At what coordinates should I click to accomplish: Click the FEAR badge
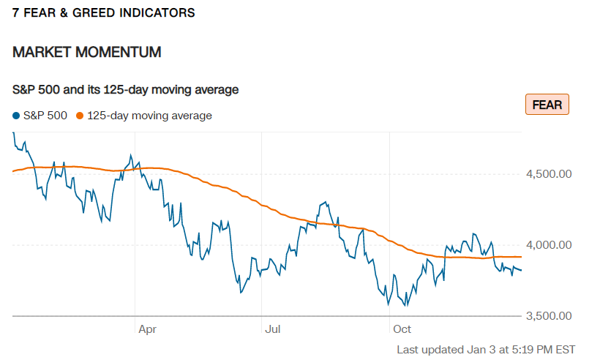coord(547,105)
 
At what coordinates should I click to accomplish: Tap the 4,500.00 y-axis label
coord(549,174)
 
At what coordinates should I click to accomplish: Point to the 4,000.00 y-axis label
coord(549,245)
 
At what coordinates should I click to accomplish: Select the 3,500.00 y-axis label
coord(549,315)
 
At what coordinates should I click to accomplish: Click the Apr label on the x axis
coord(147,329)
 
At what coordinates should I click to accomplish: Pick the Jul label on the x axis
coord(273,329)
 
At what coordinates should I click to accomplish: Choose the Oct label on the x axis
coord(402,329)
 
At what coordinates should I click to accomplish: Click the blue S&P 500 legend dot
coord(16,116)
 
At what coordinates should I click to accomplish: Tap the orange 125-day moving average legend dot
coord(80,116)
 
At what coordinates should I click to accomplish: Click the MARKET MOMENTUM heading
coord(87,52)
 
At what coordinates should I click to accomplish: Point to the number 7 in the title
coord(15,12)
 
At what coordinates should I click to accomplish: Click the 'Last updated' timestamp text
coord(486,350)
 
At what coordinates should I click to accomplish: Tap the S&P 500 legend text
coord(45,116)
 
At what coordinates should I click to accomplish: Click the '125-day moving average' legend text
coord(149,116)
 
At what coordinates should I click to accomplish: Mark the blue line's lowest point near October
coord(406,306)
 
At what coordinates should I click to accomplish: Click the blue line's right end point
coord(521,270)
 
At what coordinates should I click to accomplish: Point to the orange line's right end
coord(521,257)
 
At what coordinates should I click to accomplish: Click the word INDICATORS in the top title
coord(157,12)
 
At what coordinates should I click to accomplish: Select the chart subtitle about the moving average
coord(126,89)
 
